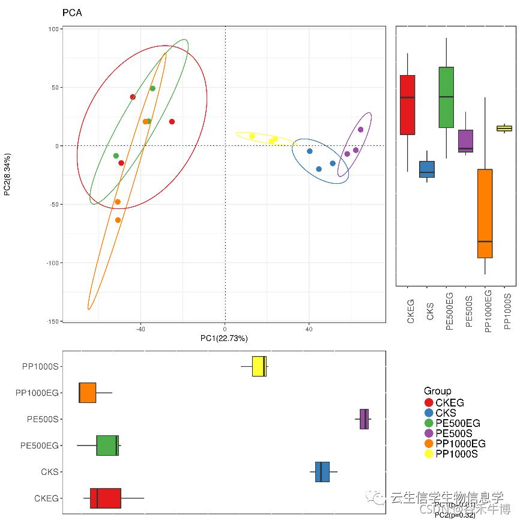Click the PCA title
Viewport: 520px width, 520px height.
(72, 13)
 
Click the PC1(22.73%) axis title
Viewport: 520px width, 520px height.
(224, 339)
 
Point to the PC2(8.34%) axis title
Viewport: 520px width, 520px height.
(7, 174)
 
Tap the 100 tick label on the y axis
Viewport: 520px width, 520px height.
(52, 29)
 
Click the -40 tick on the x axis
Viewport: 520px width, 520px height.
(141, 329)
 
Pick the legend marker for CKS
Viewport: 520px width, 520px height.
(429, 413)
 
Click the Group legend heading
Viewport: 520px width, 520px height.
(437, 391)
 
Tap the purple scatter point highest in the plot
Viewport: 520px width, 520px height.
(361, 130)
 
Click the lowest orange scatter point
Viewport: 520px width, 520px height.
(118, 220)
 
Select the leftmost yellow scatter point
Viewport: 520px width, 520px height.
(252, 136)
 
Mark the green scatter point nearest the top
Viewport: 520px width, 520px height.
(153, 88)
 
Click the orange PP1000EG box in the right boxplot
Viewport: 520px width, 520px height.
(485, 213)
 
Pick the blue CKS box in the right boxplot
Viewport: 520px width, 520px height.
(427, 169)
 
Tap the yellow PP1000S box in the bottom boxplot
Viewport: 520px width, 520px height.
(259, 366)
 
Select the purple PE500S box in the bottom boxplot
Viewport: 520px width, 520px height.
(364, 419)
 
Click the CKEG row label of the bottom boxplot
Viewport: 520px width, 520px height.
(46, 498)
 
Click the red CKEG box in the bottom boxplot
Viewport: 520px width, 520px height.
(106, 498)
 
